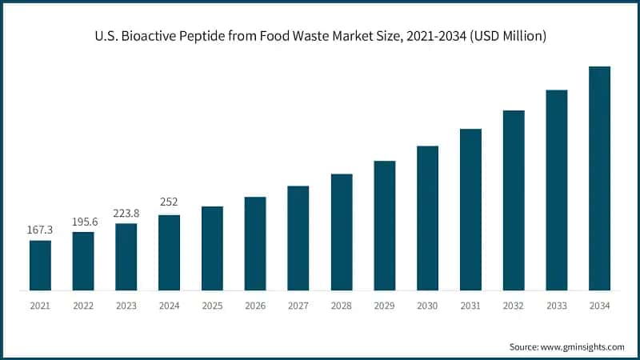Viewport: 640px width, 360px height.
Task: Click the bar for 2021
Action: (40, 265)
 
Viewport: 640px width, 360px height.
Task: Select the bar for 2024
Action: (169, 252)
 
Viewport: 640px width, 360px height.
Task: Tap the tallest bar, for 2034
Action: (599, 178)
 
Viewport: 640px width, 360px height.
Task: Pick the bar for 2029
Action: (385, 225)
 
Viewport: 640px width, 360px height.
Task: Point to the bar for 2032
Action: (514, 200)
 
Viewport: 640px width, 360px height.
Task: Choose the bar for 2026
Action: (255, 243)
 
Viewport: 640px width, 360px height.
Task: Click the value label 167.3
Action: (40, 230)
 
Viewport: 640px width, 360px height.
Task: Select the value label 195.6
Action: (83, 222)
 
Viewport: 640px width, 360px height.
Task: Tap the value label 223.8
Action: (126, 213)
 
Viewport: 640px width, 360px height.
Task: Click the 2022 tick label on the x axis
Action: (83, 305)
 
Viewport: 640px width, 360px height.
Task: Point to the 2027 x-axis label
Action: (298, 305)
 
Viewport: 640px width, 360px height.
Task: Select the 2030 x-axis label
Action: (427, 305)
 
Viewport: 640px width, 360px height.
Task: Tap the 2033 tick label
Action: (557, 305)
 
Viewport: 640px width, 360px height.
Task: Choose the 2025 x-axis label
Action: (212, 305)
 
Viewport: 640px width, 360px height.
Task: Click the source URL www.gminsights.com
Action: (584, 346)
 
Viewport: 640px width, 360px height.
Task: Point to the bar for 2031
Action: (470, 209)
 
